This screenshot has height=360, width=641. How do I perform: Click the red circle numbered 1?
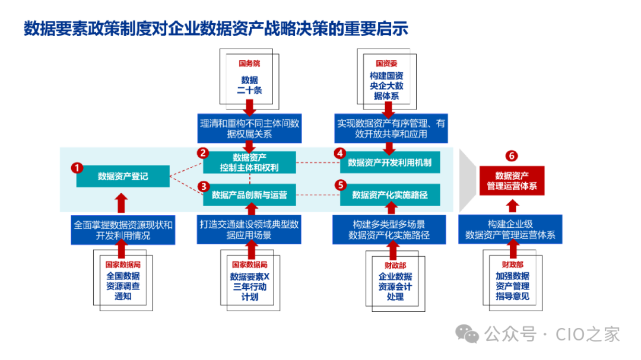(x=77, y=168)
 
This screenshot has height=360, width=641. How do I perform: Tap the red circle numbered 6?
(x=512, y=156)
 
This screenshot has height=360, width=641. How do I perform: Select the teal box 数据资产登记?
(x=123, y=176)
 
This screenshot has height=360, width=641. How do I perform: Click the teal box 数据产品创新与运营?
(x=249, y=195)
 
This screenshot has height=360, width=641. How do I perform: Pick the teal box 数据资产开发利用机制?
(x=390, y=162)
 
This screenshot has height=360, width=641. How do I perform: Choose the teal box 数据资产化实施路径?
(x=390, y=195)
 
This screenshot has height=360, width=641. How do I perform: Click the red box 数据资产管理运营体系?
(x=512, y=181)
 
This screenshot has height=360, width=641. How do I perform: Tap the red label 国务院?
(x=249, y=63)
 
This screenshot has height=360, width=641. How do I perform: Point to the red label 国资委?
(x=386, y=63)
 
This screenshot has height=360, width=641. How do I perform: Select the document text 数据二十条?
(x=249, y=85)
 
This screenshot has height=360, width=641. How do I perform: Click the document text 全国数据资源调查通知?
(x=123, y=286)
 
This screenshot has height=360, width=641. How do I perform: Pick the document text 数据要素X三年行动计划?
(x=250, y=286)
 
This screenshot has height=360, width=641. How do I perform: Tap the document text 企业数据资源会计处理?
(x=395, y=286)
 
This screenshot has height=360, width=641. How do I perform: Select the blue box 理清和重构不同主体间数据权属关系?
(x=249, y=129)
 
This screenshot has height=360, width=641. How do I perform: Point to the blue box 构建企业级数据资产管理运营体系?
(x=510, y=230)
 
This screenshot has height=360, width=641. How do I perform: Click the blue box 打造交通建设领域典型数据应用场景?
(x=249, y=230)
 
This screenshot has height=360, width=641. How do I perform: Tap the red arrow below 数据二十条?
(x=249, y=107)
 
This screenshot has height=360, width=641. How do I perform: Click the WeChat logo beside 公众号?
(x=471, y=334)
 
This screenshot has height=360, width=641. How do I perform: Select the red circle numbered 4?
(x=339, y=153)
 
